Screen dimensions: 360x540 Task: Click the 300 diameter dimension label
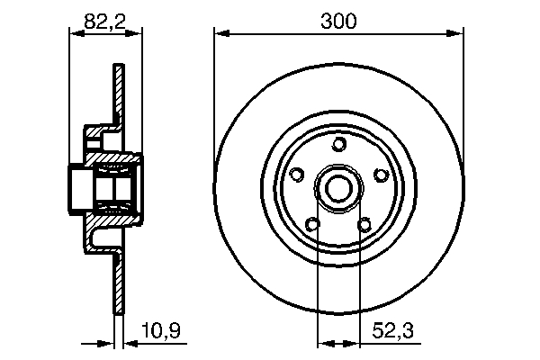338,21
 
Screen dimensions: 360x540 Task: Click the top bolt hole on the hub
338,145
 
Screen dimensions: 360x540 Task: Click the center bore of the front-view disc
338,189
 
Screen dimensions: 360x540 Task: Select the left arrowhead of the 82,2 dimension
75,35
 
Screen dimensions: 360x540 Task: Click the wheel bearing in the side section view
117,188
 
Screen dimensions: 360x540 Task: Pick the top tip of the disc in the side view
118,67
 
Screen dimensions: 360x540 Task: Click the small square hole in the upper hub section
94,138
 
